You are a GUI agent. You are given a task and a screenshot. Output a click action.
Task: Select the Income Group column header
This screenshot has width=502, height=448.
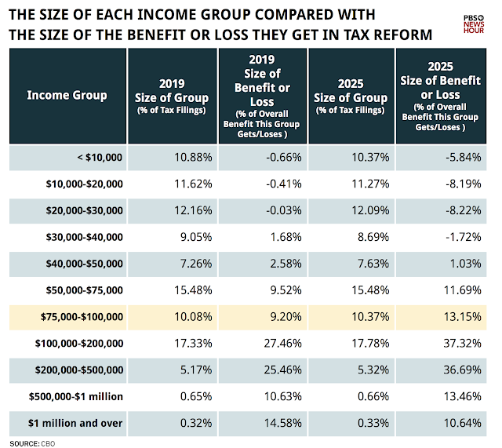click(x=67, y=96)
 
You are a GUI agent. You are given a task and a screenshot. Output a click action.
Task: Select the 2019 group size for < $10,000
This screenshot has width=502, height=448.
click(x=191, y=158)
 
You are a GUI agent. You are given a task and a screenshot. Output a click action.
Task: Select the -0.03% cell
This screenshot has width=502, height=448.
click(x=282, y=210)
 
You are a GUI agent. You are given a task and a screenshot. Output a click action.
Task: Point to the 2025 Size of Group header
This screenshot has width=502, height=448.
click(x=351, y=96)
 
